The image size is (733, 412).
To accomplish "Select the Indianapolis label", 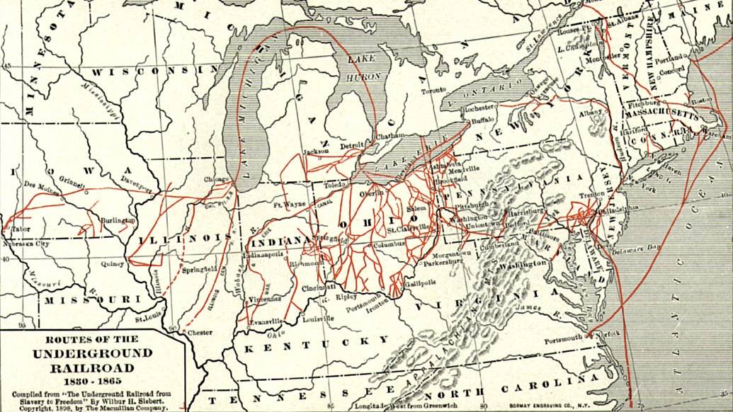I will pos(262,253).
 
